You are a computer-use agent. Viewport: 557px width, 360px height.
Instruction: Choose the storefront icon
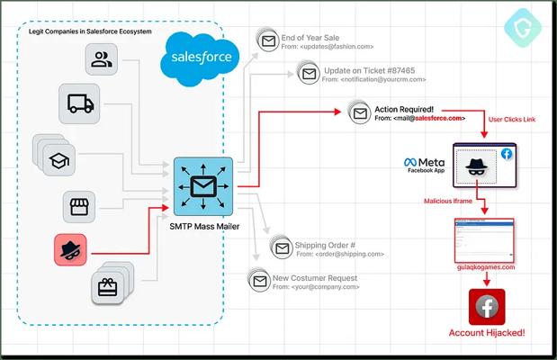[78, 206]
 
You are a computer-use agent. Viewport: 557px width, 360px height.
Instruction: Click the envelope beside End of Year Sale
[267, 40]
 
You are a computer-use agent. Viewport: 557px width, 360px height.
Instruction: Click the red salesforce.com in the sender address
[439, 118]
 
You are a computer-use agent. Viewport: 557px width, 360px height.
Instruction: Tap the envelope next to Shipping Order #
[280, 247]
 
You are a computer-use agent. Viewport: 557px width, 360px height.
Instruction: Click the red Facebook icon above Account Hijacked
[486, 306]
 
